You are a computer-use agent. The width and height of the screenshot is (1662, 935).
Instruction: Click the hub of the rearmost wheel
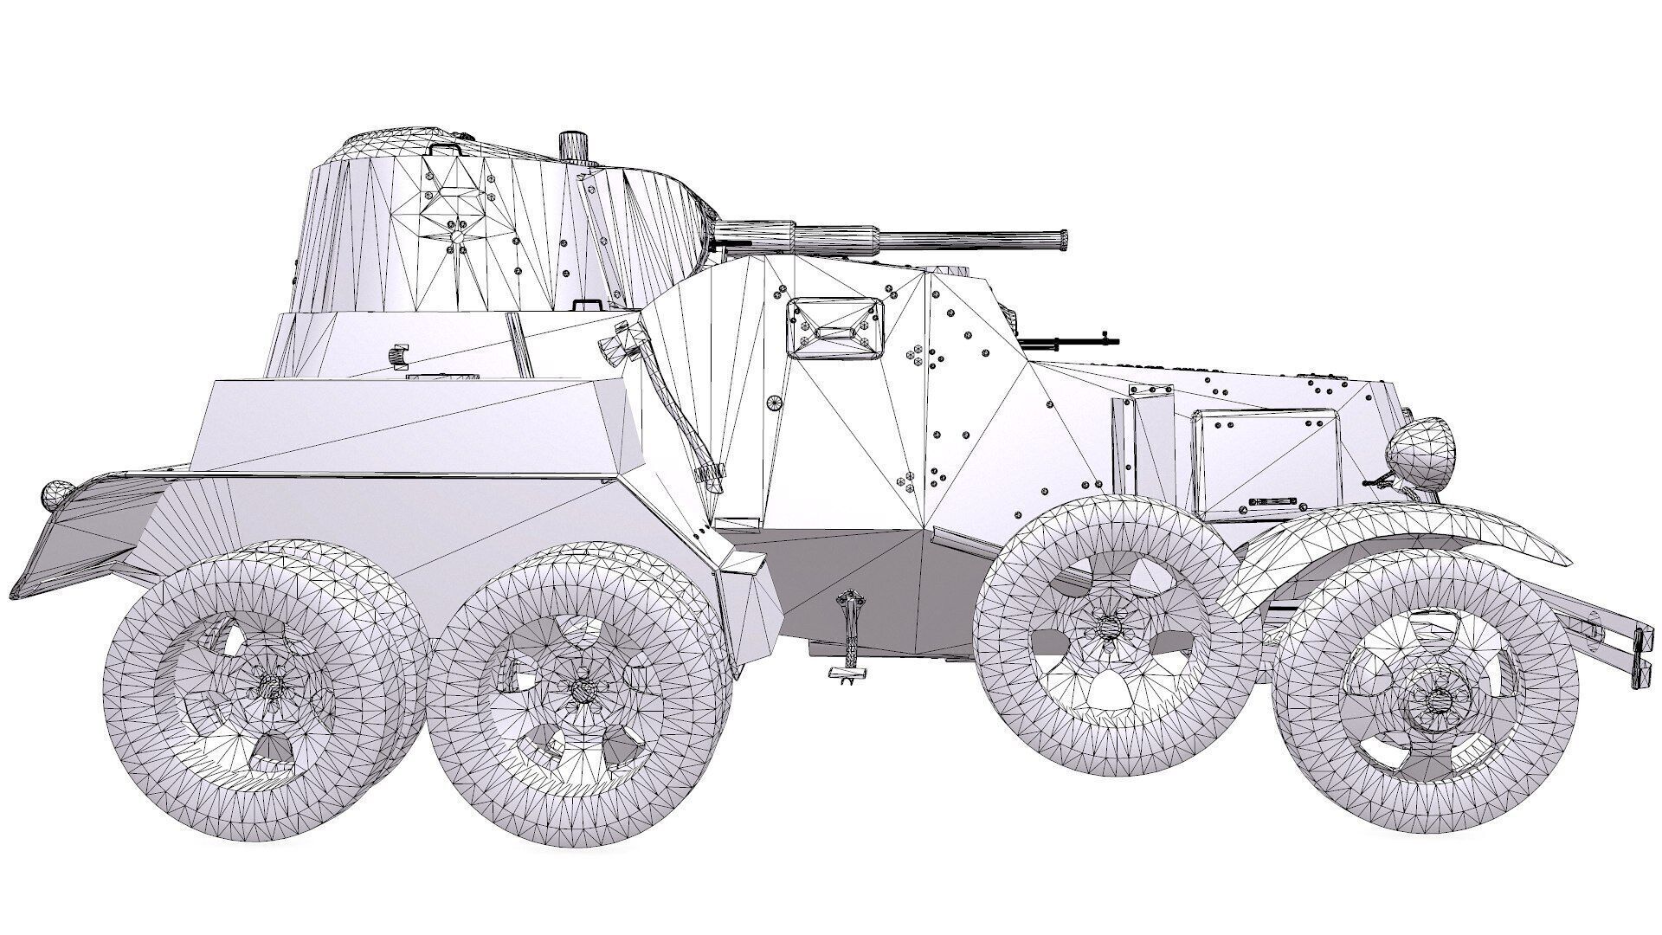[271, 687]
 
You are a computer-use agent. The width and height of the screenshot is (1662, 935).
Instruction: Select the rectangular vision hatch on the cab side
[836, 328]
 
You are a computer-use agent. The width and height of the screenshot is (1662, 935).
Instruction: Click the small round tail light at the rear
[55, 494]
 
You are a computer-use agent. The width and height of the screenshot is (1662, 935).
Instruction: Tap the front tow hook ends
[1638, 660]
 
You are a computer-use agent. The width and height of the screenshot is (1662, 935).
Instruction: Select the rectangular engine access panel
[1266, 466]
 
